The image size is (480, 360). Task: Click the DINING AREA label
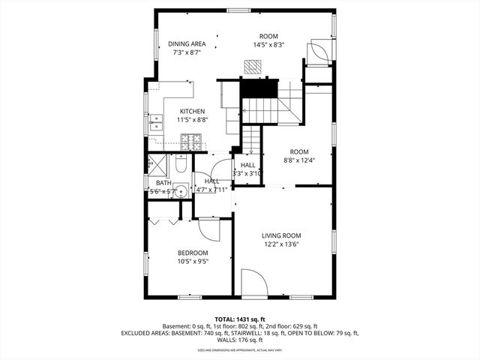[187, 43]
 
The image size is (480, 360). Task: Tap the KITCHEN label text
[192, 111]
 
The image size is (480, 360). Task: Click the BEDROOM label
[193, 253]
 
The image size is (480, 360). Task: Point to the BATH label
[163, 182]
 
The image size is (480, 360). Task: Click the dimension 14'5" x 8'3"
[268, 45]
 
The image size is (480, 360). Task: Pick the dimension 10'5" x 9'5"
[193, 262]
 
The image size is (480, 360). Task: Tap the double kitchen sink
[156, 121]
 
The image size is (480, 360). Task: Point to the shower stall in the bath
[158, 162]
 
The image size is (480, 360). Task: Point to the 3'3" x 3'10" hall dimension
[247, 174]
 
